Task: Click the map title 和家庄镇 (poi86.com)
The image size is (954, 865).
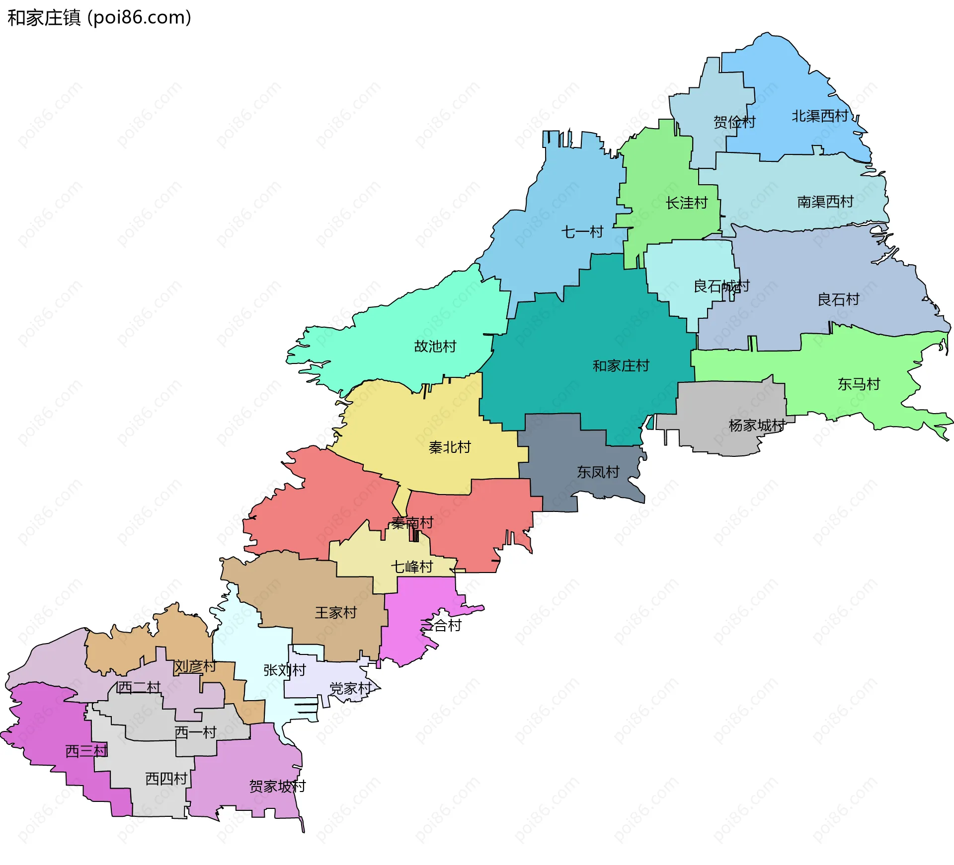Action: (x=99, y=18)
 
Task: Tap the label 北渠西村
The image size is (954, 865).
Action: (x=820, y=116)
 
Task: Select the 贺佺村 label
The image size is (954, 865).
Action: (x=734, y=122)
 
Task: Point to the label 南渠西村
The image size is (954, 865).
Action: (x=825, y=202)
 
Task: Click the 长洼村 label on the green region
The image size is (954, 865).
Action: (x=687, y=203)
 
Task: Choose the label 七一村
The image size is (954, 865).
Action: (x=582, y=232)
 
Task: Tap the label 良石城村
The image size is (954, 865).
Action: (x=721, y=287)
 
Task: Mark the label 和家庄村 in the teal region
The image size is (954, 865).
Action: (x=621, y=366)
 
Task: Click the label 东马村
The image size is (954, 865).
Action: (x=859, y=384)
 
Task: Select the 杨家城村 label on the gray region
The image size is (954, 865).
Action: (x=757, y=426)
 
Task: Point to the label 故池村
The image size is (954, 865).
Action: (x=435, y=346)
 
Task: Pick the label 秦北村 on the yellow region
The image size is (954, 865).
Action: (x=450, y=447)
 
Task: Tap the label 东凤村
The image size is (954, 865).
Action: (x=598, y=472)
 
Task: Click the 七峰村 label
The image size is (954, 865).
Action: (x=412, y=567)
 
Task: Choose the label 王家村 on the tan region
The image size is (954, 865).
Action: (x=336, y=613)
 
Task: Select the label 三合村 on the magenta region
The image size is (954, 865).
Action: (x=441, y=626)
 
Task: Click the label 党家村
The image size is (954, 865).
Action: (x=351, y=689)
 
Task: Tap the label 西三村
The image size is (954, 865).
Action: (x=86, y=751)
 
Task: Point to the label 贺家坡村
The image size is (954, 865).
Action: (x=277, y=787)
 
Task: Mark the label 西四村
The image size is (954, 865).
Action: (x=166, y=779)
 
